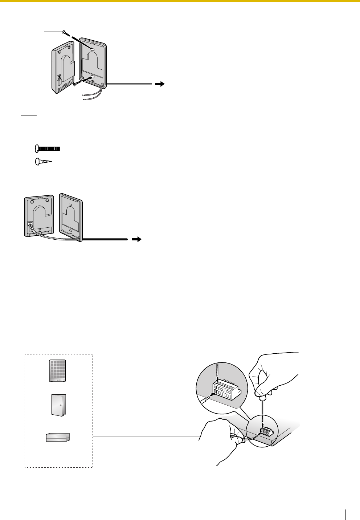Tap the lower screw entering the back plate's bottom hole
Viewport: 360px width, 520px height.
[x=77, y=83]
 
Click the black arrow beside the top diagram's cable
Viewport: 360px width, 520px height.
[x=159, y=84]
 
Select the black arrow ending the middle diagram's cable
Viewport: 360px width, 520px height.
[x=136, y=240]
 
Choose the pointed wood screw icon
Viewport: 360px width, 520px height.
[x=43, y=162]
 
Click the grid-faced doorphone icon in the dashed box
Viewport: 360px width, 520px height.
[x=58, y=371]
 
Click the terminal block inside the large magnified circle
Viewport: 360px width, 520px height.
[x=227, y=391]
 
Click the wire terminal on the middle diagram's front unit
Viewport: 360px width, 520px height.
[x=30, y=224]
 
